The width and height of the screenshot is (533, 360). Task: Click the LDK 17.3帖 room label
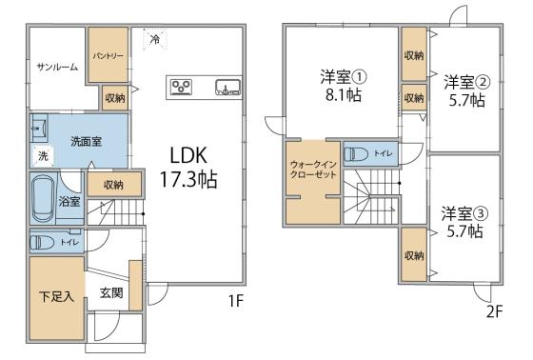tap(188, 167)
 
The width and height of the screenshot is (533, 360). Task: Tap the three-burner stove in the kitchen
tap(182, 87)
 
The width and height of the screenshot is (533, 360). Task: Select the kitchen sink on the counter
tap(227, 87)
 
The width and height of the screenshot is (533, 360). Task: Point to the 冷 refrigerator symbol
tap(155, 39)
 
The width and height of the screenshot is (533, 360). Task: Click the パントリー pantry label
tap(109, 55)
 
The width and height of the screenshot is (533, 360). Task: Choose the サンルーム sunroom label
tap(57, 67)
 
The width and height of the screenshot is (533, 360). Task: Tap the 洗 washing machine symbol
tap(43, 156)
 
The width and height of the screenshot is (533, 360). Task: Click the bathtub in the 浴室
tap(43, 198)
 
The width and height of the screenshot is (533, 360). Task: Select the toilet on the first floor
tap(42, 242)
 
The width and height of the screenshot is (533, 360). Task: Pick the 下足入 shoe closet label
tap(56, 296)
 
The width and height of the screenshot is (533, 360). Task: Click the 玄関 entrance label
tap(111, 292)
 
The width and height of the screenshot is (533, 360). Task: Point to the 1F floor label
tap(236, 301)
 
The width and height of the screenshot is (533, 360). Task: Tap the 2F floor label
tap(494, 311)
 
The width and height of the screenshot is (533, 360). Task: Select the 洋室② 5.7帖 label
tap(467, 90)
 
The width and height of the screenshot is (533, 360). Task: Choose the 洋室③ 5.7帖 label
tap(464, 222)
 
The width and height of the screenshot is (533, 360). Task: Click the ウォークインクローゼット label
tap(313, 170)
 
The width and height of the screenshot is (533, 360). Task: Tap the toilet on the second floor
tap(356, 154)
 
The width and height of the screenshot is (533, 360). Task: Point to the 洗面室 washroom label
tap(87, 141)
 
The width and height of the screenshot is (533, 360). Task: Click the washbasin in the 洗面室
tap(39, 129)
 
